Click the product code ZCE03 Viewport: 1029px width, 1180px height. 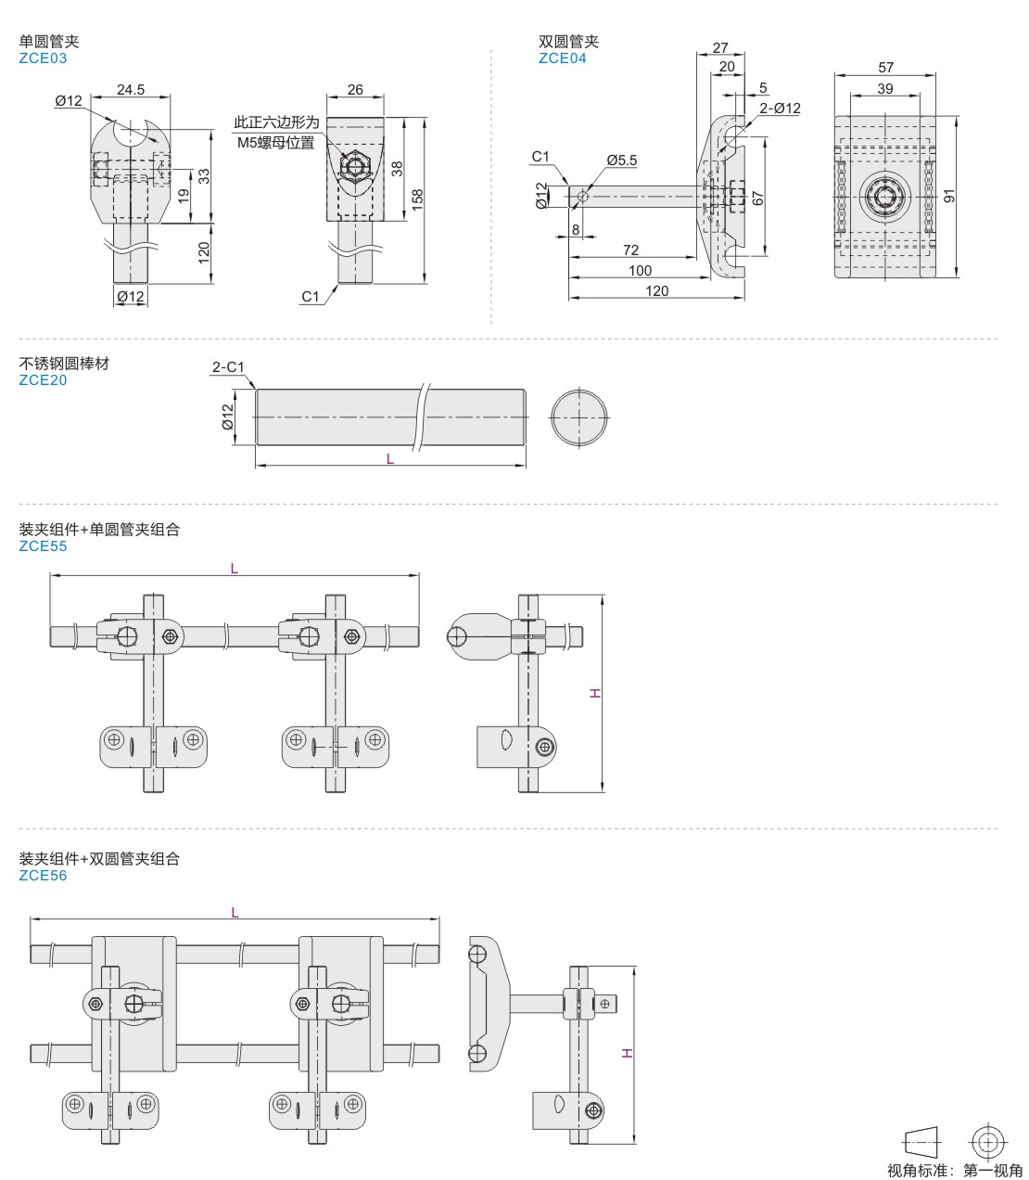43,58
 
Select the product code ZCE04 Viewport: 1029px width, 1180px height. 563,58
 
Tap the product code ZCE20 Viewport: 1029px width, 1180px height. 43,379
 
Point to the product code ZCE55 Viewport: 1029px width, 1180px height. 43,545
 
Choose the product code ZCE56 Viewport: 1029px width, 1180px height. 43,875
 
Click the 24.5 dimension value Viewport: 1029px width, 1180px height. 131,90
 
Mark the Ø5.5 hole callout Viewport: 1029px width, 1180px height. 622,160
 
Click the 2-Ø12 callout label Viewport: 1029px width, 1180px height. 780,109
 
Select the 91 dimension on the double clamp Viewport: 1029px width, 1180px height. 948,196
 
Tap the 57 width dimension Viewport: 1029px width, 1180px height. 885,68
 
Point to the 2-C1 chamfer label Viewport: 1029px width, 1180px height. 228,367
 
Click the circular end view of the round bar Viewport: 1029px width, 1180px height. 579,417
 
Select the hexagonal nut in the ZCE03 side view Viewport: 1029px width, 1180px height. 353,168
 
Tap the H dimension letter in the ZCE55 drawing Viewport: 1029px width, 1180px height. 596,693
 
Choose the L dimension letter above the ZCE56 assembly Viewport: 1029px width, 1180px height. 235,913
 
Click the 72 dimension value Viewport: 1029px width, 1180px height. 630,250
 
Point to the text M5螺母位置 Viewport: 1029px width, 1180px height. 276,142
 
